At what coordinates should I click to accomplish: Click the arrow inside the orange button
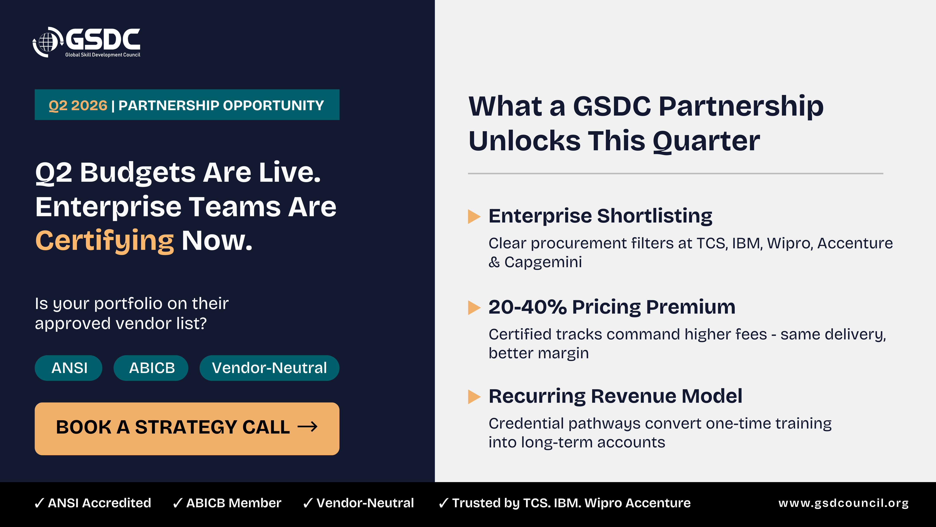click(x=307, y=427)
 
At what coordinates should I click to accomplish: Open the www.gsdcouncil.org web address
click(x=843, y=503)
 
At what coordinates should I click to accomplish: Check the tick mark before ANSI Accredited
click(x=39, y=503)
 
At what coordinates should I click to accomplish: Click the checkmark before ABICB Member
click(x=178, y=503)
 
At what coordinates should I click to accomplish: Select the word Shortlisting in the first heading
click(x=655, y=216)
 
